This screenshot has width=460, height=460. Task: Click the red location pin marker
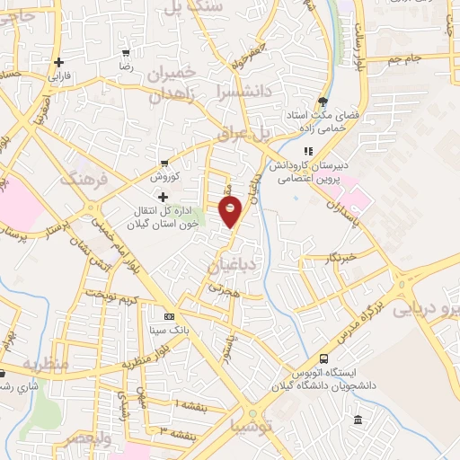pos(231,212)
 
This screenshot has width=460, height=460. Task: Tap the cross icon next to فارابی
pos(59,63)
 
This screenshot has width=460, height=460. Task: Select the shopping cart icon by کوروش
pos(164,163)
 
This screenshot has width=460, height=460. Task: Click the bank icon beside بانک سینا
pos(169,317)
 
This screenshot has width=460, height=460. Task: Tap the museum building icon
pos(358,420)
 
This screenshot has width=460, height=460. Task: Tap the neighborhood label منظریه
pos(45,366)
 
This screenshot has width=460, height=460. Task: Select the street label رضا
pos(127,66)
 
